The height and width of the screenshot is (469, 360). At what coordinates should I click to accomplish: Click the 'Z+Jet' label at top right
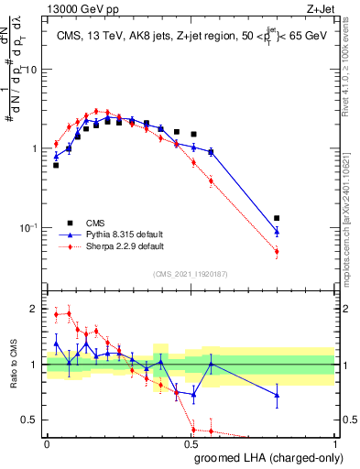[320, 8]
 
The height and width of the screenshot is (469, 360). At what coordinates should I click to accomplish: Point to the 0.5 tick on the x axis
[191, 442]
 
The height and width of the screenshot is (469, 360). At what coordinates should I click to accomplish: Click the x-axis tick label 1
[336, 442]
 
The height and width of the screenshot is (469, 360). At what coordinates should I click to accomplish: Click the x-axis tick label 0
[47, 442]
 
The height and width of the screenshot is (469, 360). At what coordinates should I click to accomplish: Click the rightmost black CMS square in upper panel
[277, 218]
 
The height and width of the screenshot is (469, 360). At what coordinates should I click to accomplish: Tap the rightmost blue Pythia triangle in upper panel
[277, 232]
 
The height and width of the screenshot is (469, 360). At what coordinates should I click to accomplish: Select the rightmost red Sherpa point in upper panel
[277, 251]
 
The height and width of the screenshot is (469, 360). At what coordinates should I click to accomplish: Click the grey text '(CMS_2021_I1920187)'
[191, 274]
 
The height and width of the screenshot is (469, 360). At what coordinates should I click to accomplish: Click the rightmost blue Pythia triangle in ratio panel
[277, 395]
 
